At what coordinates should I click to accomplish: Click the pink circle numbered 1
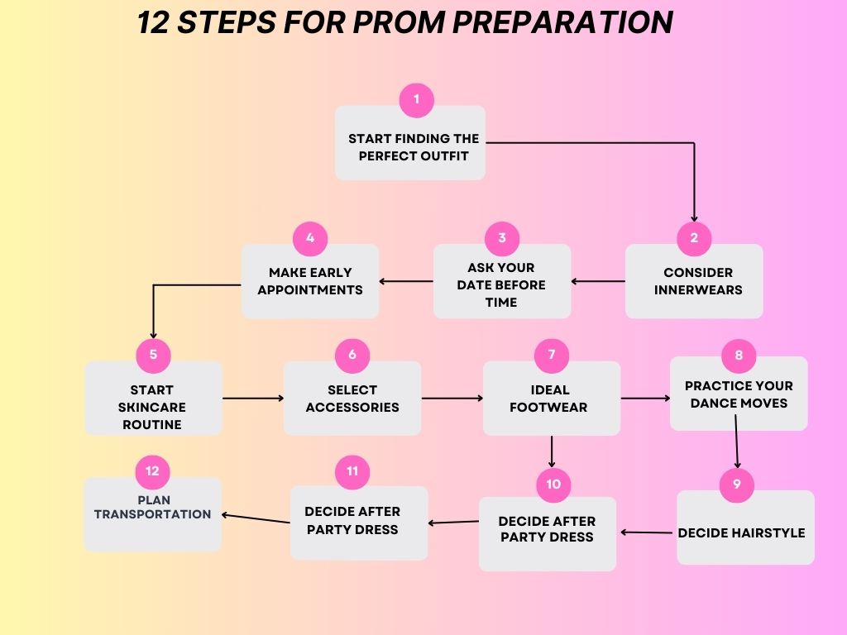[x=416, y=100]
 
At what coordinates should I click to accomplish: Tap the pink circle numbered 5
[x=153, y=356]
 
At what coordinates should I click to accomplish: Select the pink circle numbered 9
[x=736, y=485]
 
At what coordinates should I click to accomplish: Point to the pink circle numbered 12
[x=152, y=471]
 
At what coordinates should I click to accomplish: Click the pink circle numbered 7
[x=552, y=356]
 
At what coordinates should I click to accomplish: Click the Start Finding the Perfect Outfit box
[x=410, y=147]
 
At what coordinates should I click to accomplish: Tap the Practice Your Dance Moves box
[x=739, y=394]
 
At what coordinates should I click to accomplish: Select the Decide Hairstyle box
[x=745, y=532]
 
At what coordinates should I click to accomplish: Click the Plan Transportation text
[x=152, y=507]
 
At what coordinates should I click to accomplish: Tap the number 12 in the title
[x=153, y=22]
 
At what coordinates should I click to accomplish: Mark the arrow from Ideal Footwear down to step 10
[x=552, y=452]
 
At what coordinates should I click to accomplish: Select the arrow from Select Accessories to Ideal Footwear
[x=452, y=399]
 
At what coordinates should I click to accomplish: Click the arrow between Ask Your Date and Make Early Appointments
[x=406, y=281]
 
